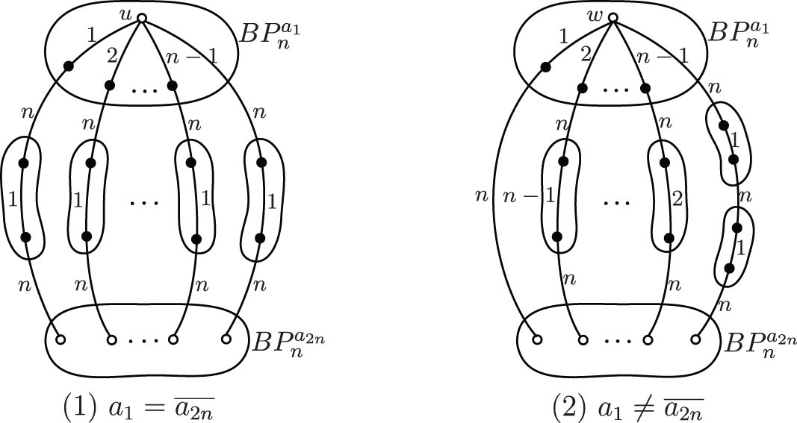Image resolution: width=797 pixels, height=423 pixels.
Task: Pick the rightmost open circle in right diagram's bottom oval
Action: [696, 340]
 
